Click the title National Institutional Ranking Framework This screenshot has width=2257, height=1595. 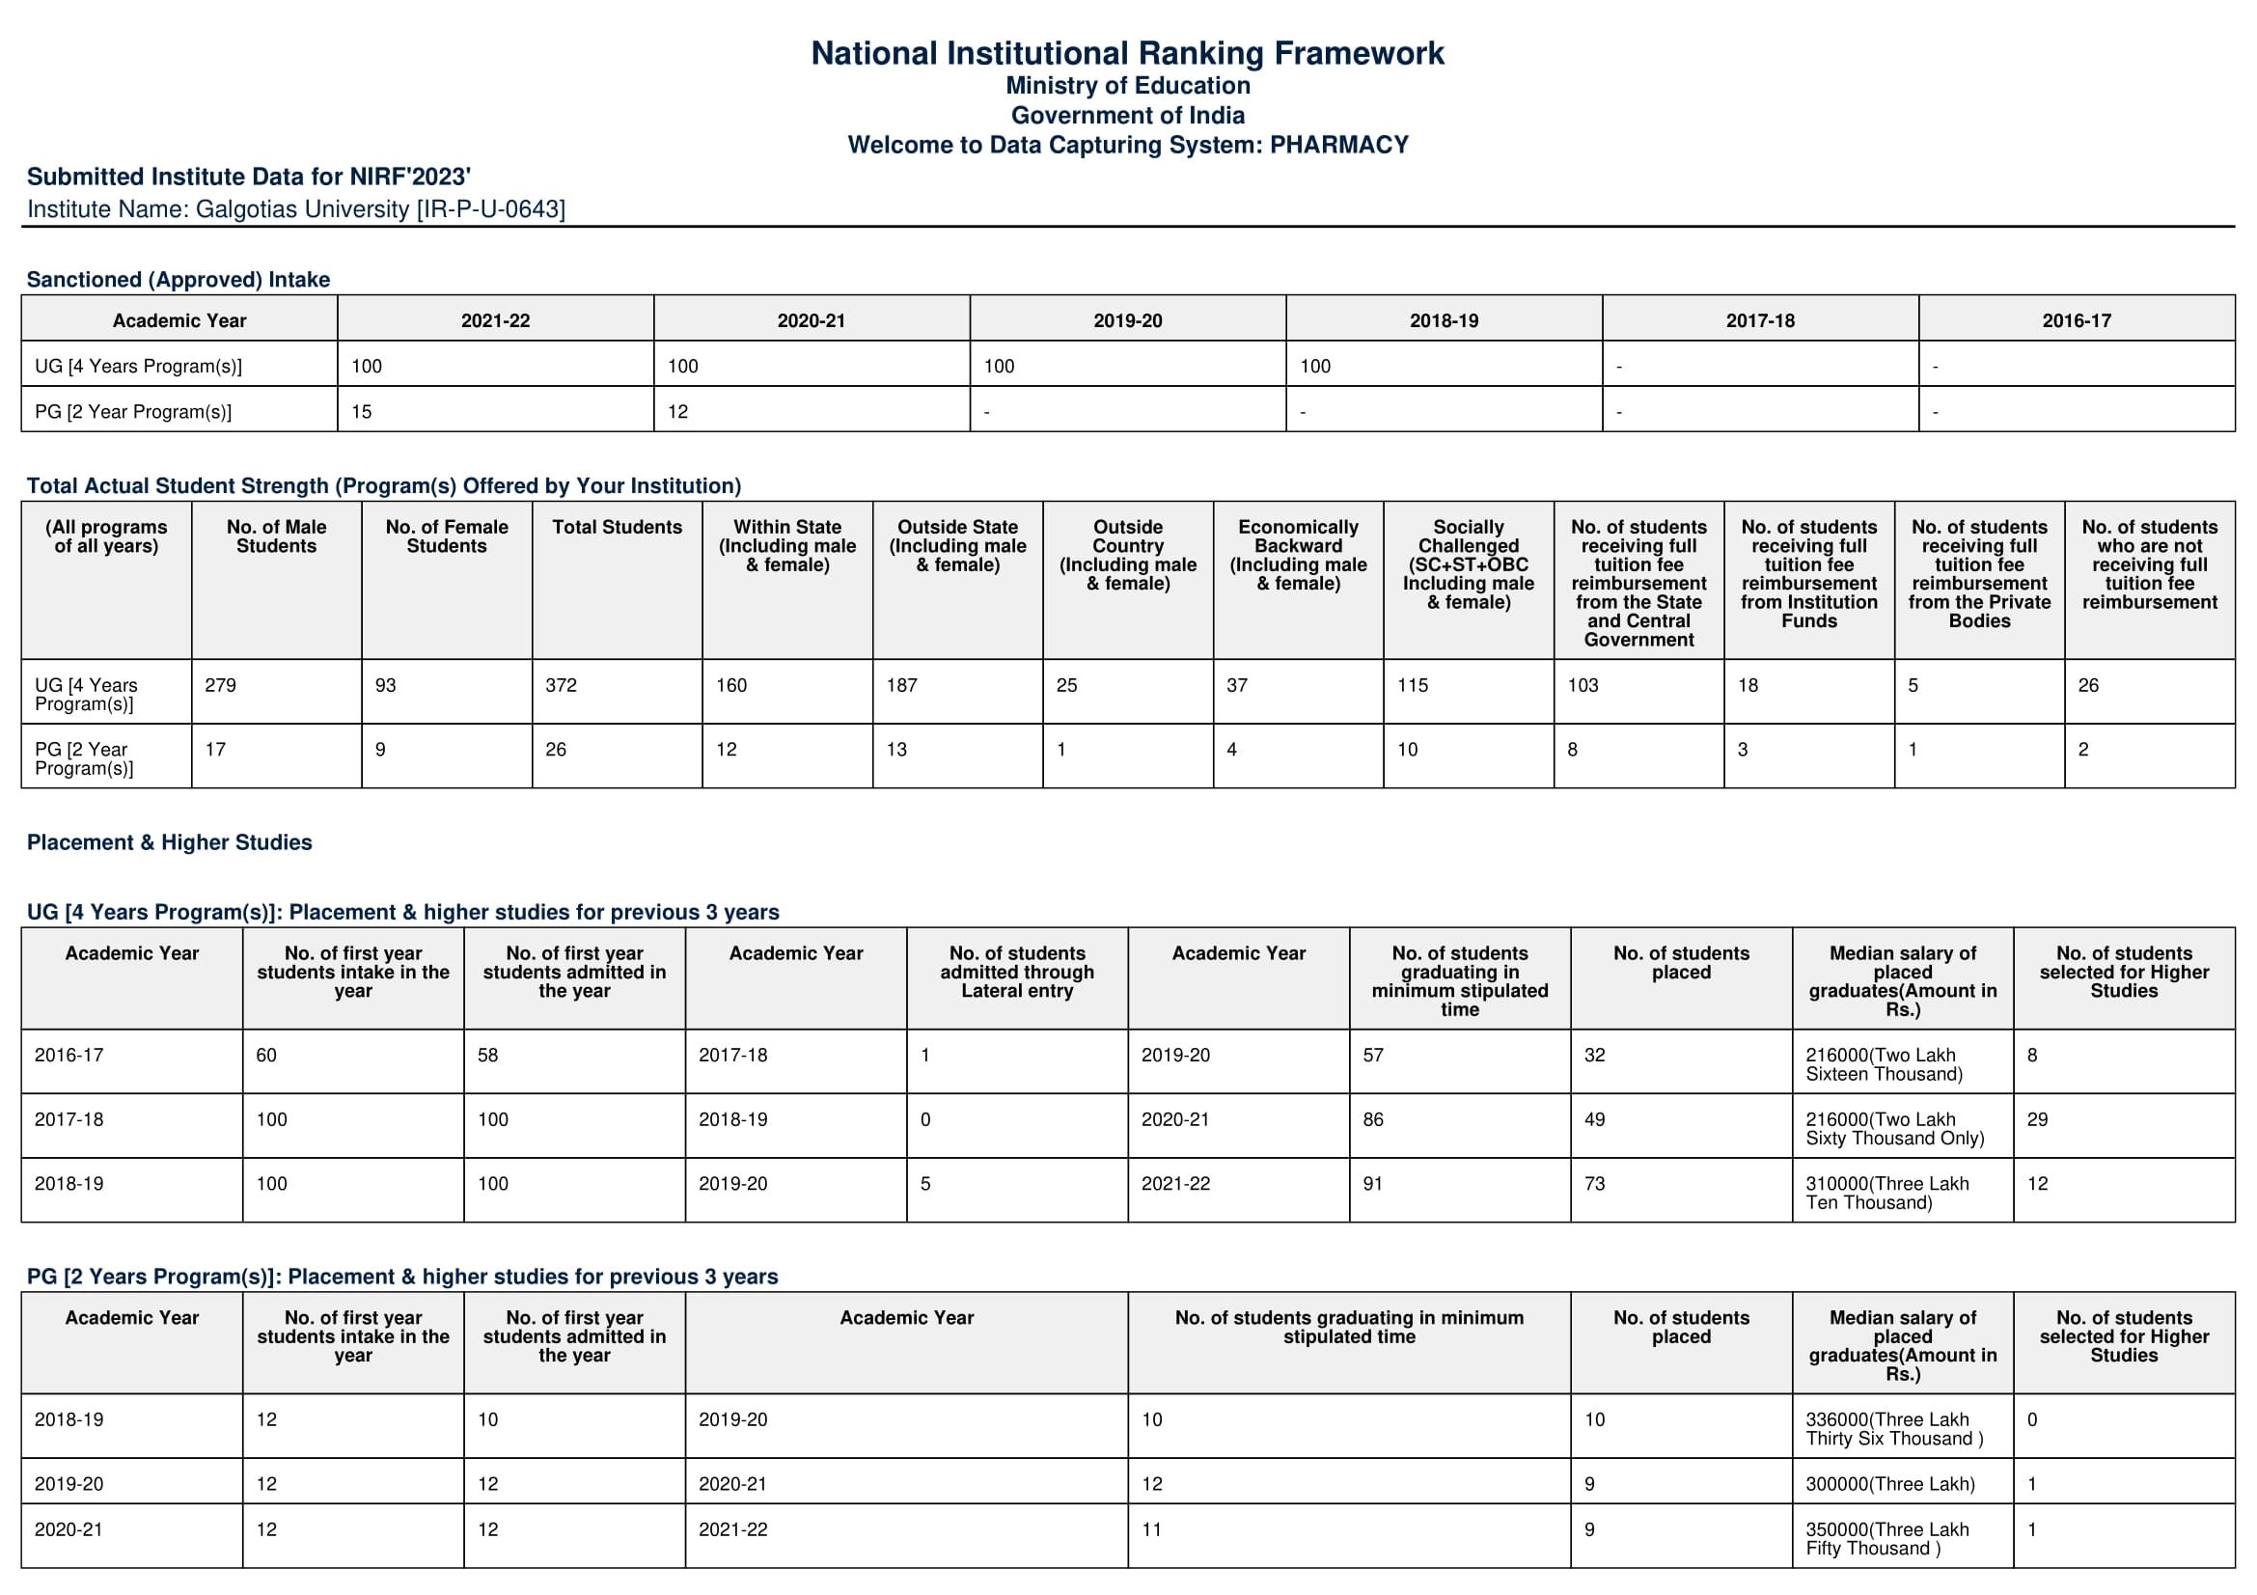click(x=1127, y=53)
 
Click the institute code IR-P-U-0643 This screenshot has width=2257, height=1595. click(x=490, y=209)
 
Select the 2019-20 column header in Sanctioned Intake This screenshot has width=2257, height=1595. click(x=1127, y=320)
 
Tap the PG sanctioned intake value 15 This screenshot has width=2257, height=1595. click(x=362, y=412)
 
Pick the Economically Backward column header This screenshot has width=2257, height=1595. click(x=1298, y=555)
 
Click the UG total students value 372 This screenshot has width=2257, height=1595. click(x=562, y=686)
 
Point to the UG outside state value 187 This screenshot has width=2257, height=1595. click(x=901, y=686)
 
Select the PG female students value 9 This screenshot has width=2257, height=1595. click(x=380, y=750)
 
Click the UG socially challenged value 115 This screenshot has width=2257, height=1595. click(x=1413, y=686)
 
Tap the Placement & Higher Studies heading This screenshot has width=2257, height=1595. click(x=169, y=842)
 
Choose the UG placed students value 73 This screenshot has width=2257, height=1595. click(x=1594, y=1184)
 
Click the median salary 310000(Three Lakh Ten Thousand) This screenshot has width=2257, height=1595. click(x=1886, y=1193)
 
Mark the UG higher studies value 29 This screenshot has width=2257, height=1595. click(x=2037, y=1119)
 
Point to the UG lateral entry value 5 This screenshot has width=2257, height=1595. click(x=925, y=1184)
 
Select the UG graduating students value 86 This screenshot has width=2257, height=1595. click(x=1373, y=1119)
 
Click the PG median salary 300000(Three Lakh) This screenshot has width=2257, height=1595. click(x=1889, y=1484)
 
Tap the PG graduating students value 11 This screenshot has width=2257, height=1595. click(x=1151, y=1529)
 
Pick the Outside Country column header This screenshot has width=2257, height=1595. click(x=1127, y=555)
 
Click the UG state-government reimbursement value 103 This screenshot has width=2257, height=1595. click(x=1583, y=686)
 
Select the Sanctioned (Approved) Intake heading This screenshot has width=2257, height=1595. click(x=178, y=279)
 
